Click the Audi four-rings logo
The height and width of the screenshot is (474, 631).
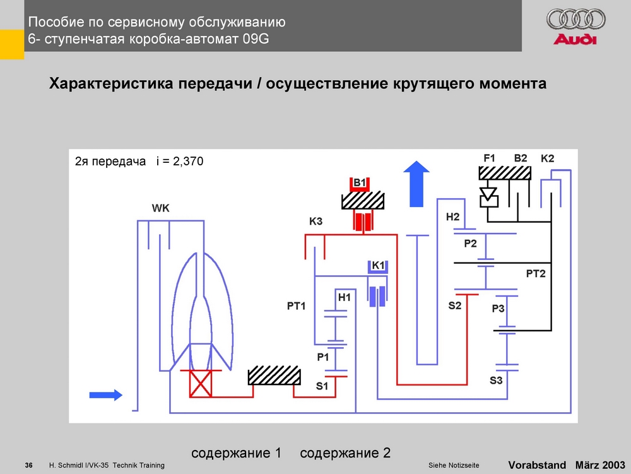click(x=576, y=20)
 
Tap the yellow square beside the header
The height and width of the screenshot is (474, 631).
click(x=12, y=44)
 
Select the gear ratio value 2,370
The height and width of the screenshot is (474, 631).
click(x=188, y=162)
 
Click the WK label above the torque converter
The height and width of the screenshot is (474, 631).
click(x=160, y=208)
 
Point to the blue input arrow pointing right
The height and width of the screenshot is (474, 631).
click(x=106, y=395)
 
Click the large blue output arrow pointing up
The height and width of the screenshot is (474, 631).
click(x=416, y=184)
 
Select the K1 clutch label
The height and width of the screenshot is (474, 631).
click(x=378, y=266)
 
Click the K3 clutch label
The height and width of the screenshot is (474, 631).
click(x=316, y=221)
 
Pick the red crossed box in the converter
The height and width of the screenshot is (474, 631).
click(x=201, y=384)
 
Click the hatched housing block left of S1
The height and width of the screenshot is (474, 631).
click(x=274, y=376)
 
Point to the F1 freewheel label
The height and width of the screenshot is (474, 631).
click(x=490, y=158)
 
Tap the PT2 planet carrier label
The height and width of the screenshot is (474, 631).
click(x=536, y=274)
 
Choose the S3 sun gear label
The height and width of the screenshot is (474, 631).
click(x=496, y=380)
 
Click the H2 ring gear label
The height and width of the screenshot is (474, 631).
click(x=452, y=217)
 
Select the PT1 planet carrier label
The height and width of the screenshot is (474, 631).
click(x=296, y=306)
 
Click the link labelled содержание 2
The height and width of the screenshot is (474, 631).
click(x=345, y=453)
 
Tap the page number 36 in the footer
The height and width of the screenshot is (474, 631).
click(x=28, y=466)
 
